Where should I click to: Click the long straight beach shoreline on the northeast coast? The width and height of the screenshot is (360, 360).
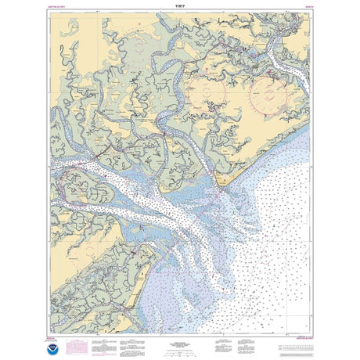pos(270,152)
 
